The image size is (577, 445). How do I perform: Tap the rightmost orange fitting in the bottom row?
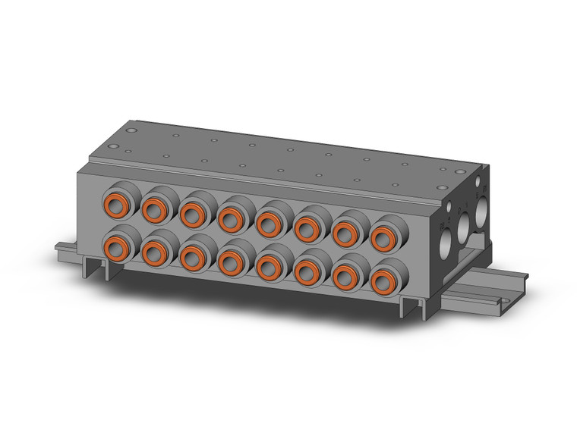tap(383, 282)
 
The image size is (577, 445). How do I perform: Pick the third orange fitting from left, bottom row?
tap(192, 256)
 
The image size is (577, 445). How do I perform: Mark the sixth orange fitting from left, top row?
tap(306, 227)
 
